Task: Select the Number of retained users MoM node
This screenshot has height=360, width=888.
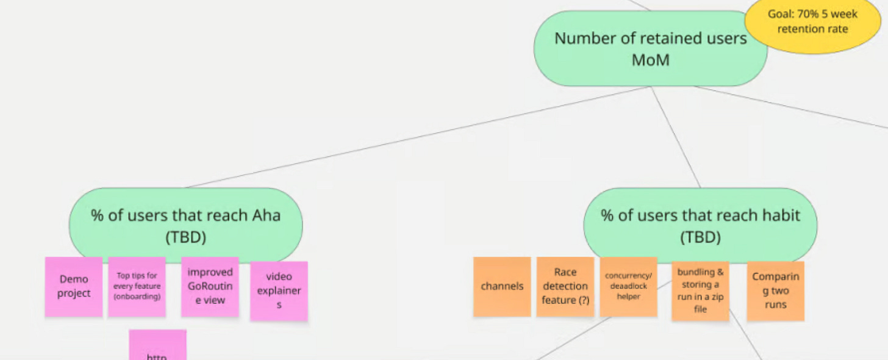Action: click(x=650, y=49)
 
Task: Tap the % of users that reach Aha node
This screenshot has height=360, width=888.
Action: click(x=185, y=226)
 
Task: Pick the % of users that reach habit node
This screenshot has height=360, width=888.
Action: click(x=700, y=226)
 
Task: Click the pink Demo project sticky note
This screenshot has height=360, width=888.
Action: click(x=74, y=286)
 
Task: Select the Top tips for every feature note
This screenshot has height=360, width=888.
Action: click(x=137, y=286)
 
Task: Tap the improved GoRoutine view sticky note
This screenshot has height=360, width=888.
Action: click(x=210, y=286)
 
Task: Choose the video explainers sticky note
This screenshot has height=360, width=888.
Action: click(x=279, y=290)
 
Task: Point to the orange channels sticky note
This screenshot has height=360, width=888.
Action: click(x=502, y=286)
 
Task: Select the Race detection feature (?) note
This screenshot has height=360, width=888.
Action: click(x=565, y=286)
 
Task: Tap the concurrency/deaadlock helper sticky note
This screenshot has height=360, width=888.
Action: click(x=628, y=286)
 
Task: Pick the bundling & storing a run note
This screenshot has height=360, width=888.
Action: click(x=700, y=290)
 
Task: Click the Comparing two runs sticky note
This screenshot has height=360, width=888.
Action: click(x=775, y=290)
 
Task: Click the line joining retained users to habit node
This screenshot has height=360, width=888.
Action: click(x=675, y=137)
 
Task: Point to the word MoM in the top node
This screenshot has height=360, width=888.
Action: click(x=651, y=60)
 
